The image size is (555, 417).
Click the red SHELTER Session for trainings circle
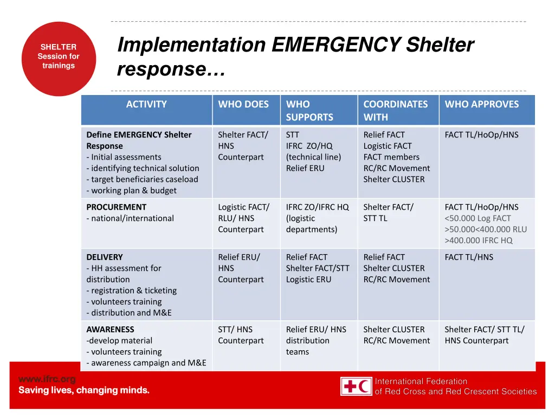(x=59, y=59)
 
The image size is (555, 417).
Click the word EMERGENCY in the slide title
(x=335, y=45)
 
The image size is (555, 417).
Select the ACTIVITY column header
(x=146, y=104)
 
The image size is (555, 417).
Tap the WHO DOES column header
(x=243, y=104)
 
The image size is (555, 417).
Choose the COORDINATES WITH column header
(x=395, y=111)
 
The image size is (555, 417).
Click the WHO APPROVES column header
(x=481, y=104)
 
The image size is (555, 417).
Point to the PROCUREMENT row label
(x=116, y=207)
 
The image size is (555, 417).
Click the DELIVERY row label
(x=105, y=257)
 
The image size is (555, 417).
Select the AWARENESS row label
(x=110, y=329)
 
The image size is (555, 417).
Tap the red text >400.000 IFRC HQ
(x=478, y=241)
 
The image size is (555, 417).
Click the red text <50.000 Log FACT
(x=477, y=218)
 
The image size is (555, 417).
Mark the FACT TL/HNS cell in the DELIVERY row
(x=469, y=257)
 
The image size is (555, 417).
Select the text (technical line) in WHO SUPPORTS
(x=313, y=157)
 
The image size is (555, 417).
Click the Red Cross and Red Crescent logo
(x=356, y=386)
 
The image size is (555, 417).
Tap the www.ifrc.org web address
(x=47, y=379)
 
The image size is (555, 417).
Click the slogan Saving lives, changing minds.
(x=84, y=390)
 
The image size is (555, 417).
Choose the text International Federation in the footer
(x=421, y=381)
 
